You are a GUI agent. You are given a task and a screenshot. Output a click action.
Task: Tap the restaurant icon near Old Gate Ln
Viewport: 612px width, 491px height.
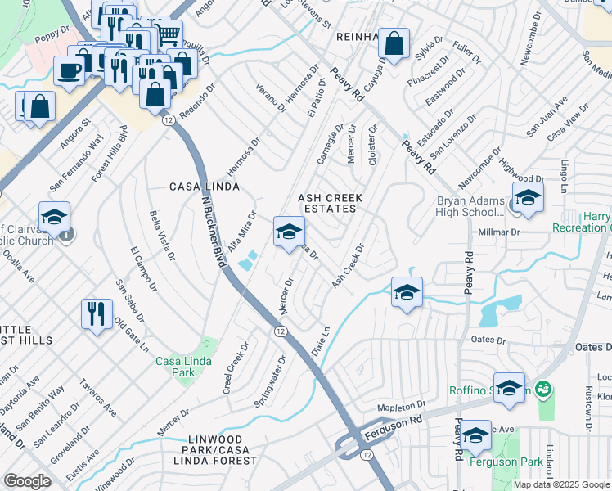pyautogui.click(x=97, y=314)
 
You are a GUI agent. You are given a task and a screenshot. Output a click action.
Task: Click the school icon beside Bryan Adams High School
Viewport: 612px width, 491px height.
pyautogui.click(x=528, y=197)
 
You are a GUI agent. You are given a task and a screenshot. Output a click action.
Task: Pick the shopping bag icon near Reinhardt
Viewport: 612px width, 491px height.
pyautogui.click(x=394, y=45)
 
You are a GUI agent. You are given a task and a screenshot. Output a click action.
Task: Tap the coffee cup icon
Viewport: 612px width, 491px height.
pyautogui.click(x=70, y=70)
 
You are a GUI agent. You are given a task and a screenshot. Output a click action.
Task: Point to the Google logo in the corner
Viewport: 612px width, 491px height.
pyautogui.click(x=27, y=481)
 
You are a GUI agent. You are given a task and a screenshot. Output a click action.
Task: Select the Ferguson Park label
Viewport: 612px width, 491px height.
pyautogui.click(x=507, y=462)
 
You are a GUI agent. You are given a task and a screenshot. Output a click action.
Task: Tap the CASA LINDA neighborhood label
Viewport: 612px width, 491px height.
pyautogui.click(x=205, y=187)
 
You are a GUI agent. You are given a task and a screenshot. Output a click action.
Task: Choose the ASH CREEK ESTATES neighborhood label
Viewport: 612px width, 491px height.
pyautogui.click(x=327, y=203)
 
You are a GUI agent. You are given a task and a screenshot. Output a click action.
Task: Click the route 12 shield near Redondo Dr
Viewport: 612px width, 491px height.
pyautogui.click(x=168, y=120)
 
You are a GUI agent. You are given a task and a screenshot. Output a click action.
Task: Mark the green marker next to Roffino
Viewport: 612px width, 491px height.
pyautogui.click(x=541, y=387)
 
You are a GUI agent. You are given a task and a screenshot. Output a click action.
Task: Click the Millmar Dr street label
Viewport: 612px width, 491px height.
pyautogui.click(x=499, y=232)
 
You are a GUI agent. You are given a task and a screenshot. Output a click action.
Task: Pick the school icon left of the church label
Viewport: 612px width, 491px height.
pyautogui.click(x=54, y=218)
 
